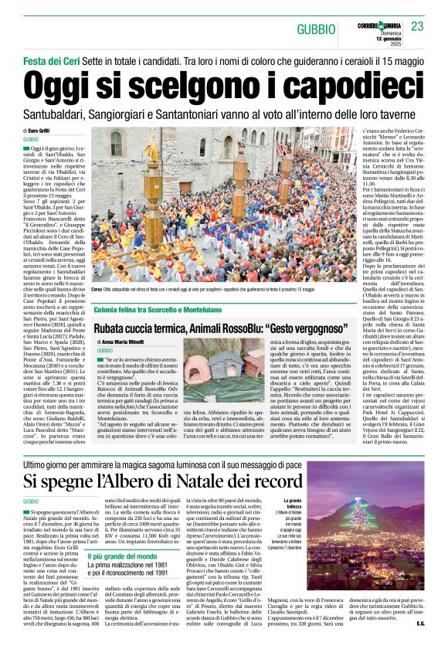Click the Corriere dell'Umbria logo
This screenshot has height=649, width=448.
coord(383,23)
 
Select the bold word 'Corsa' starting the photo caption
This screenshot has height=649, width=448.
coord(97,289)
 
